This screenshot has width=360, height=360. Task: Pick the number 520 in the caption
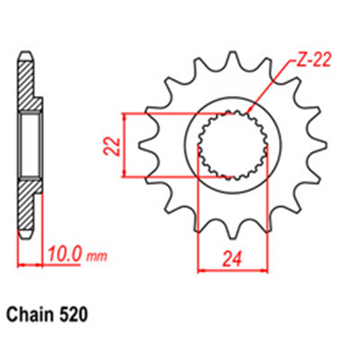[x=76, y=315]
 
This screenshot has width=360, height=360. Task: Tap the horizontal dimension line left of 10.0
[x=32, y=264]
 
